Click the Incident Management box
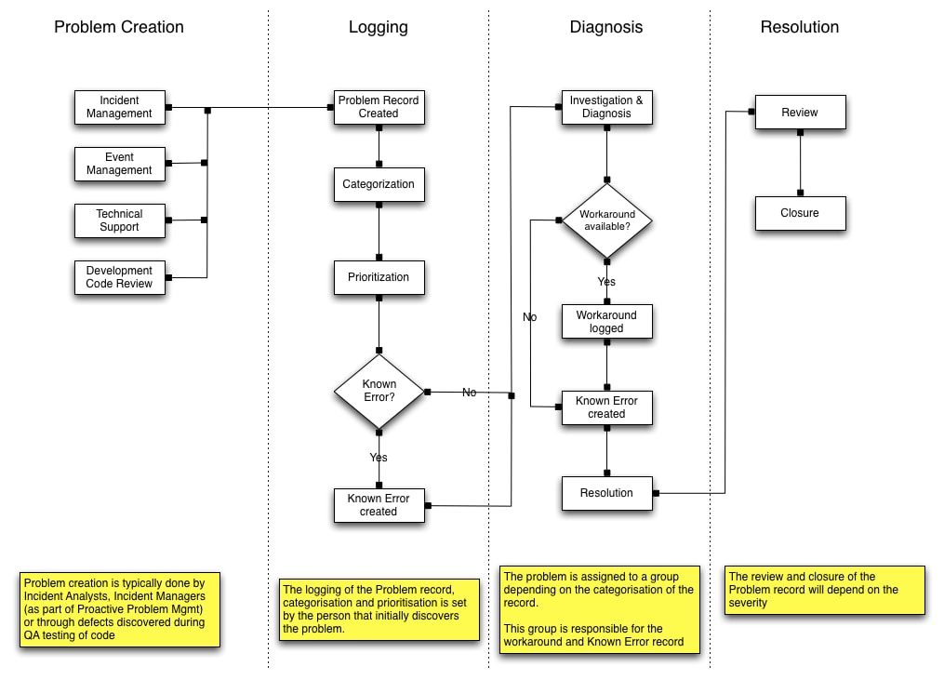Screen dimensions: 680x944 [x=119, y=107]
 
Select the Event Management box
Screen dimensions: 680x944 [x=119, y=164]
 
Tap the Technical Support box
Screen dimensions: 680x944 [x=119, y=220]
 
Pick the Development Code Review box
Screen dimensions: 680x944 [x=119, y=277]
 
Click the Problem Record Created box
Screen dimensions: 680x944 [x=379, y=107]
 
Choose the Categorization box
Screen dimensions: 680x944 [x=379, y=184]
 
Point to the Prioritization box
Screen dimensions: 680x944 [x=379, y=277]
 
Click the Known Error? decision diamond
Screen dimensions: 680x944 [x=379, y=392]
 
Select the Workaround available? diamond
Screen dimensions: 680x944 [x=606, y=220]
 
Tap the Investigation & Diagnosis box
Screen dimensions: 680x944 [x=606, y=107]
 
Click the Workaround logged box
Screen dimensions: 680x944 [x=606, y=322]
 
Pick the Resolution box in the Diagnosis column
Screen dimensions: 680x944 [x=606, y=493]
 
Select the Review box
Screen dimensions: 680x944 [x=800, y=113]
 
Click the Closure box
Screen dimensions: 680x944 [x=800, y=213]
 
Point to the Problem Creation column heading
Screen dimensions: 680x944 [x=119, y=27]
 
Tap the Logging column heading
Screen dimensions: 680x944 [x=379, y=27]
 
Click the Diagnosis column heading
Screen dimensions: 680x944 [x=606, y=27]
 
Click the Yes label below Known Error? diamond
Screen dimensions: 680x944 [x=379, y=458]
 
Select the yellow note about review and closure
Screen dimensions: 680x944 [x=825, y=590]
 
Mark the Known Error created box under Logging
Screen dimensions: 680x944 [x=379, y=505]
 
